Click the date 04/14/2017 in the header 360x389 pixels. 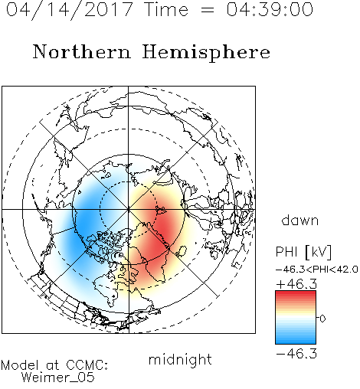70,10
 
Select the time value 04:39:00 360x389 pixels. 270,9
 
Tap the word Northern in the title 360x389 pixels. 82,51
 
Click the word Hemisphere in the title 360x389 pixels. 206,53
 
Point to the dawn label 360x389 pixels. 299,220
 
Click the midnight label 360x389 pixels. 180,360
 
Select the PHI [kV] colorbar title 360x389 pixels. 303,252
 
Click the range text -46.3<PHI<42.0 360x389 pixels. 317,270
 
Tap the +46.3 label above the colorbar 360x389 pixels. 296,284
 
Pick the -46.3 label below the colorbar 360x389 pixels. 296,354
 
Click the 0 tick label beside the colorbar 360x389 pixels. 322,319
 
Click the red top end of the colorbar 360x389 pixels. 296,293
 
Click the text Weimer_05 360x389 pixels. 58,378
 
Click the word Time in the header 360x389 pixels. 166,10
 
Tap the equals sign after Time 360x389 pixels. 208,10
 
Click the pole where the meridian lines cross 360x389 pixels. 128,209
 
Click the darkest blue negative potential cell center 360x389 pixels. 82,224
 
